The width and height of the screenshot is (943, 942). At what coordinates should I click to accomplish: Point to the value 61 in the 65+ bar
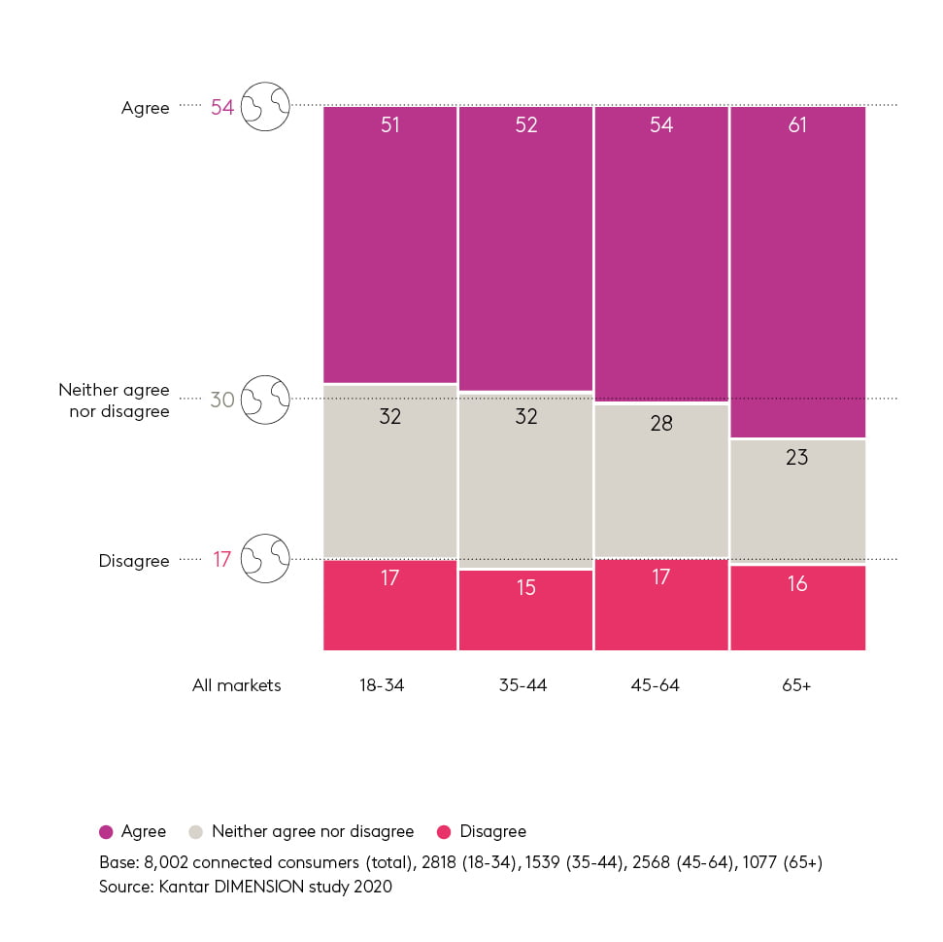(797, 125)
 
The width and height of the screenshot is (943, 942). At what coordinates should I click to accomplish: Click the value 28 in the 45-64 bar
(661, 424)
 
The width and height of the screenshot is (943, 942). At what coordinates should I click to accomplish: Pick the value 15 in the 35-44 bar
(525, 588)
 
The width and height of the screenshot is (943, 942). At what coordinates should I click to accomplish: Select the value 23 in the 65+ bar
(797, 457)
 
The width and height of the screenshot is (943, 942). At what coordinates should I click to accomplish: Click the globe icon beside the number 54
(265, 106)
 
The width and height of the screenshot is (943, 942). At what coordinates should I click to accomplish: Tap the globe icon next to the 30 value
(265, 400)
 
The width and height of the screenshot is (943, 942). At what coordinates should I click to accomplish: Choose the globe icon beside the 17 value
(265, 559)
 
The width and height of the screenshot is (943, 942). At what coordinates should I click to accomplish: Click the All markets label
(236, 685)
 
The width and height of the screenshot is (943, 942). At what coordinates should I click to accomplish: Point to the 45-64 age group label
(655, 685)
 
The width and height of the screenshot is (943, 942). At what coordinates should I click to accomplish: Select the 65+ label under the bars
(795, 685)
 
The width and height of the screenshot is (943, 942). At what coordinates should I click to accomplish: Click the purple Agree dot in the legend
(106, 832)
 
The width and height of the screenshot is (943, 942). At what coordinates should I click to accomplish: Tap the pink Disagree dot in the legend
(444, 832)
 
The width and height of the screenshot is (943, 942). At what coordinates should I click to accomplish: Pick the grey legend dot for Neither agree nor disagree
(196, 832)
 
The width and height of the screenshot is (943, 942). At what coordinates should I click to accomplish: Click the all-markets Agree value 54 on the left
(222, 107)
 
